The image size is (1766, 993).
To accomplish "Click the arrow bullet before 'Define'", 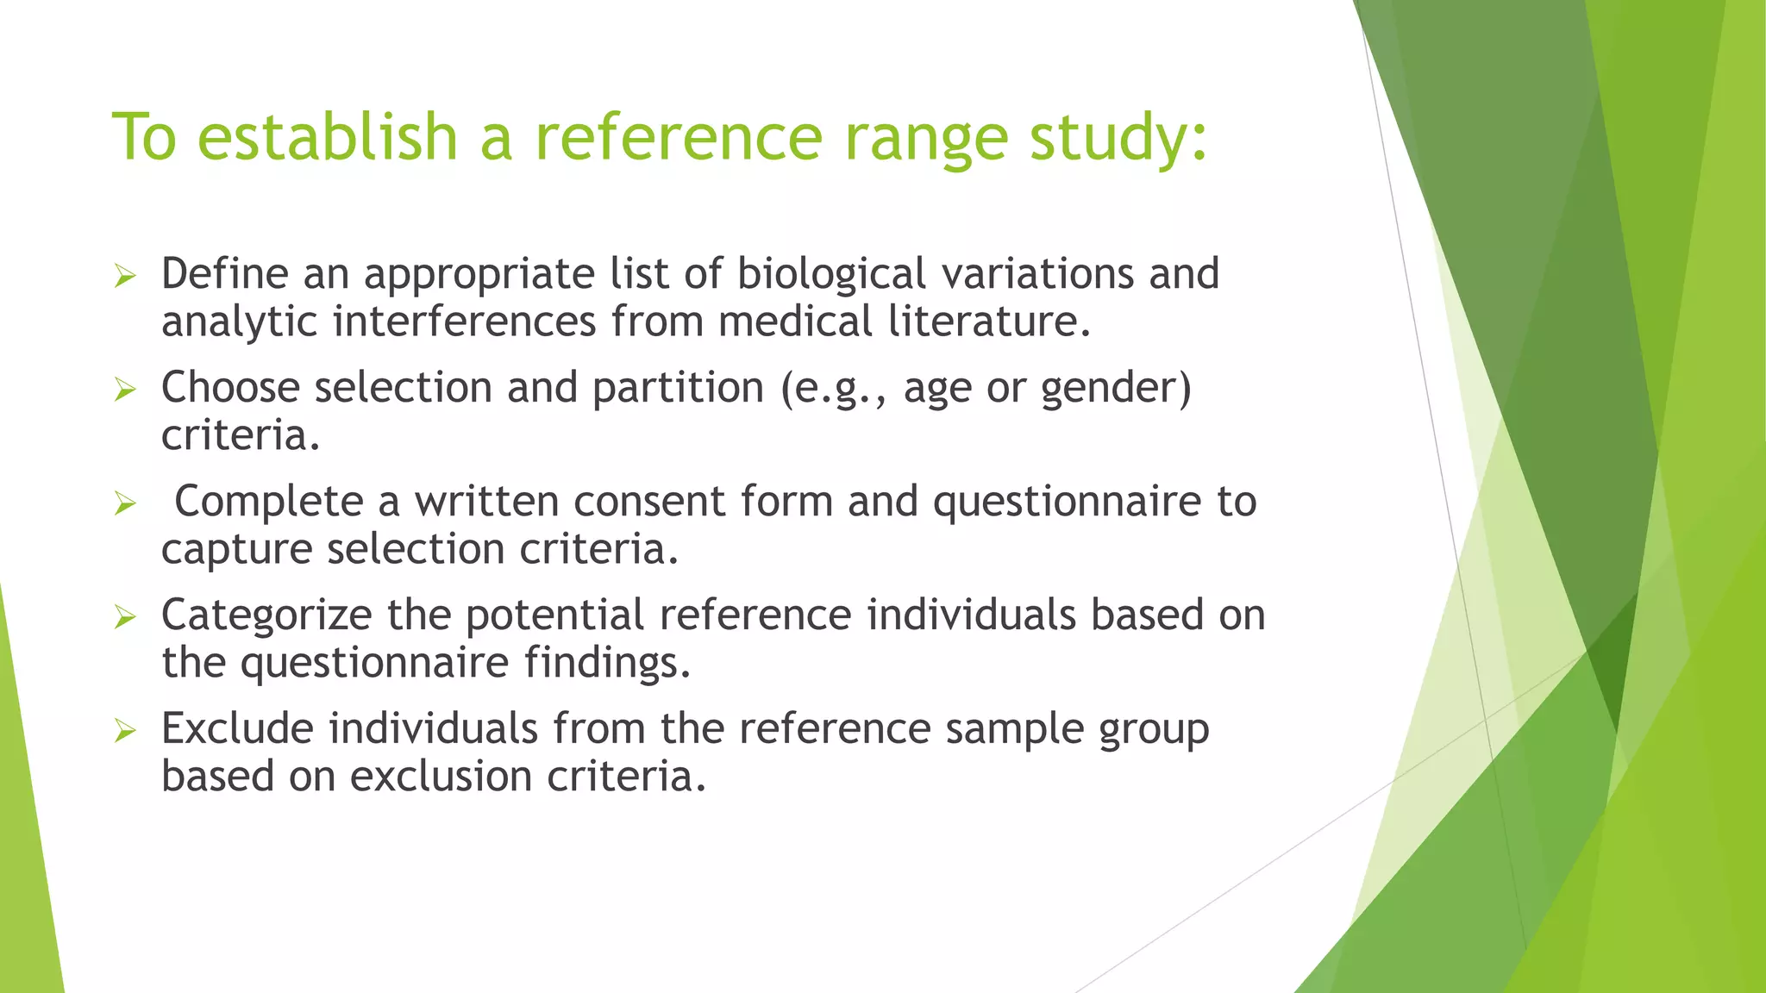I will tap(126, 277).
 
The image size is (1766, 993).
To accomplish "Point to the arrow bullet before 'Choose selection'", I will tap(126, 390).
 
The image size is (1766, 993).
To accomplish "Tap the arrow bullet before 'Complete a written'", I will tap(126, 504).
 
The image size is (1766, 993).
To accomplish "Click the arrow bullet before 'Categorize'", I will tap(126, 617).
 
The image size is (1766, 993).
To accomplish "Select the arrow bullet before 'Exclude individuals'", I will tap(126, 732).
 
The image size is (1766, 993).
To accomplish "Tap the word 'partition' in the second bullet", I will tap(678, 387).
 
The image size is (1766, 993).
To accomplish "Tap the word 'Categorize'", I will tap(266, 616).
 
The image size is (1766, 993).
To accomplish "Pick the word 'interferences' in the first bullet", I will tap(465, 322).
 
